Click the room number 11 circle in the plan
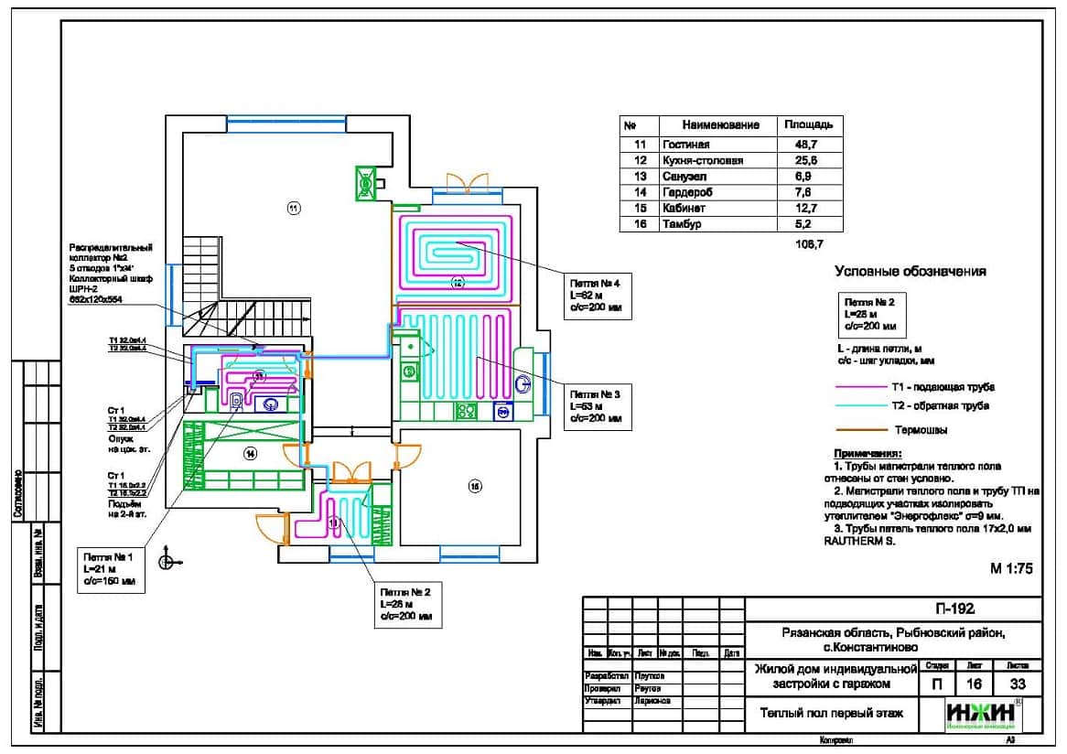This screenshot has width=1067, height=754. pos(293,209)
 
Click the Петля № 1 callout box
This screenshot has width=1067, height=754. pos(109,567)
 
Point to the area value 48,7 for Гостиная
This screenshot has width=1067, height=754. pos(806,145)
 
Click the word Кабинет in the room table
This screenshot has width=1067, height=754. pos(682,209)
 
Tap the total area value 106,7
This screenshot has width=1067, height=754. pos(811,244)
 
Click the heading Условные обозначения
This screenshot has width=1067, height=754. pos(910,271)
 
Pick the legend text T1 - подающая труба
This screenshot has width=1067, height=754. pos(943,387)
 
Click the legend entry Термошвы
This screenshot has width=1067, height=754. pos(920,429)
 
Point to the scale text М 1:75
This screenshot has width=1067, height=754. pos(1010,568)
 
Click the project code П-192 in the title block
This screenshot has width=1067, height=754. pos(954,609)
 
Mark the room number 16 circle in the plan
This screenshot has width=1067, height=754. pos(474,487)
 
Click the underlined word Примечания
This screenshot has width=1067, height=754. pos(867,455)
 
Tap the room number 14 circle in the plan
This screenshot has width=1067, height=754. pos(250,453)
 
